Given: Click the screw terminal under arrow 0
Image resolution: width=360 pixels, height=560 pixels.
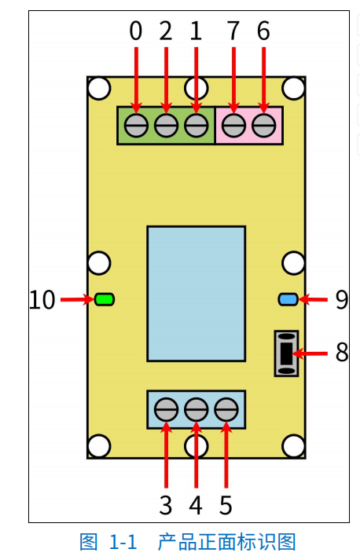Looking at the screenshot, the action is (x=136, y=126).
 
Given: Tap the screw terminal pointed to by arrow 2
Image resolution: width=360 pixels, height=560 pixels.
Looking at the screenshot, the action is (x=166, y=126).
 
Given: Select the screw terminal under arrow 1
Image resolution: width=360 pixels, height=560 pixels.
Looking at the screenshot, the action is (x=197, y=126).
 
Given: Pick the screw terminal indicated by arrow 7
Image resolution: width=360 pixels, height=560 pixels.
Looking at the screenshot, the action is (x=233, y=126).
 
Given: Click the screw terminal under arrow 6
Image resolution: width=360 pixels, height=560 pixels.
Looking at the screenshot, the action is (x=264, y=126).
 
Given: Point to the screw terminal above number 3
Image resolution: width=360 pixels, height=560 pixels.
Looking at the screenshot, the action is (x=166, y=410).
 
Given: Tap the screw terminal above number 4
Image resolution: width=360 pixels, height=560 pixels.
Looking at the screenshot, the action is (x=197, y=410).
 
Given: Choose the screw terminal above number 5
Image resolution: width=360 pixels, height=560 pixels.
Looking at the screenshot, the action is (x=226, y=410).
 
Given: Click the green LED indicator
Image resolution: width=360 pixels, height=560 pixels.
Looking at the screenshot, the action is (x=105, y=299).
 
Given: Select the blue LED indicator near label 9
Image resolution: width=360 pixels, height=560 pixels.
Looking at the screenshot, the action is (x=288, y=299).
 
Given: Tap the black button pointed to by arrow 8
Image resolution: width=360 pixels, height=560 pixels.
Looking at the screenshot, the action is (x=286, y=353).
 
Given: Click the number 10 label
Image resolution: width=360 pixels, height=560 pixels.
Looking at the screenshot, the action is (x=42, y=300).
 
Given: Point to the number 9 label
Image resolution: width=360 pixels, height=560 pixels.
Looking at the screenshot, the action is (x=342, y=300).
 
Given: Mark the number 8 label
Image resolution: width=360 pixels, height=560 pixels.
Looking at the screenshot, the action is (x=342, y=352).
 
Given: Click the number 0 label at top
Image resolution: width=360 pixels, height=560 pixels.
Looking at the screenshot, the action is (x=136, y=31).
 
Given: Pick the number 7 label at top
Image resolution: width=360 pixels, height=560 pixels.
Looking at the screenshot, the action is (x=233, y=31).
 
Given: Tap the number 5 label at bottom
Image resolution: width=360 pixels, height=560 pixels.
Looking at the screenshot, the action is (x=226, y=505).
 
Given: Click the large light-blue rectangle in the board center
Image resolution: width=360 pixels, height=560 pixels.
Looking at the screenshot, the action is (x=197, y=294).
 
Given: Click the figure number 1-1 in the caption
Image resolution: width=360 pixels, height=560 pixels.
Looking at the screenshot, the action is (x=123, y=542).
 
